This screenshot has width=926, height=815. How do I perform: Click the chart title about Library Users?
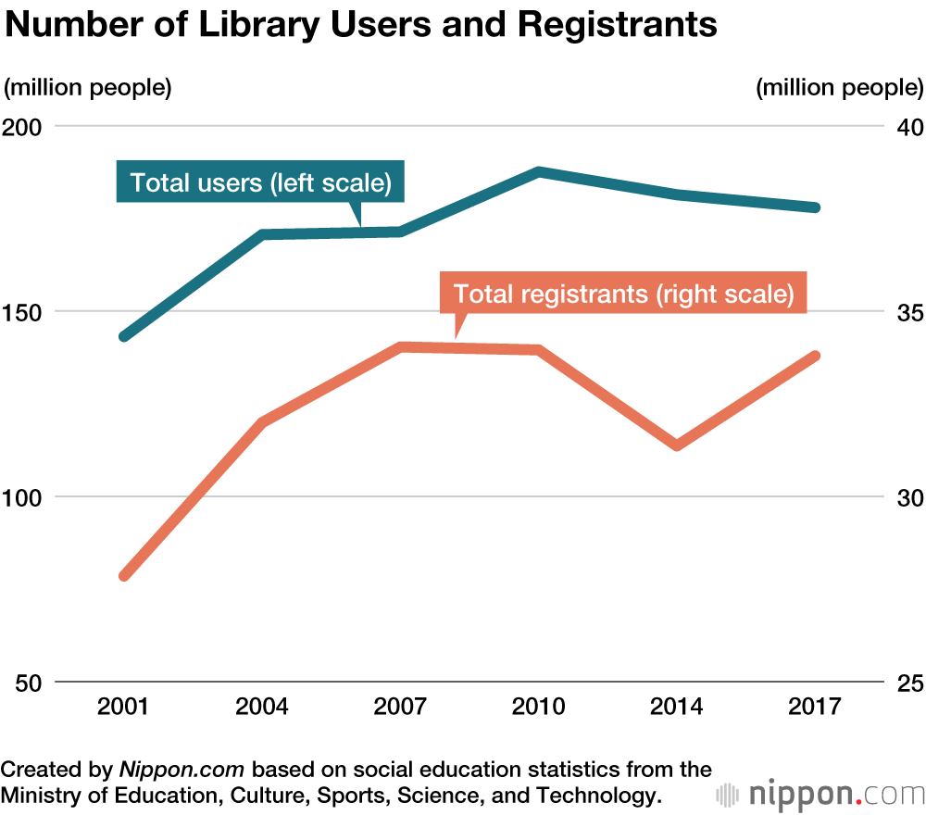361,25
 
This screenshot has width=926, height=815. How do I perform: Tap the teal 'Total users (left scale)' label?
261,182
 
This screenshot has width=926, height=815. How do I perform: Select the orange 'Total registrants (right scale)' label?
623,295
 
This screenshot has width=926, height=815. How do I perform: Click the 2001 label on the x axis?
124,708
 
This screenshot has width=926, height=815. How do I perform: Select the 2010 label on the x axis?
539,708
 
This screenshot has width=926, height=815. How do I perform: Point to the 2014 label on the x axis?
677,708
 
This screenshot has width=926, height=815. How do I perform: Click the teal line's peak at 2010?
539,171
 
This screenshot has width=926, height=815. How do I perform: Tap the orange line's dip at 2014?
677,445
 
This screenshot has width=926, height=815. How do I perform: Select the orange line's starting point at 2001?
124,575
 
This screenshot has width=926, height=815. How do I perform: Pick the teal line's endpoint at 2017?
815,207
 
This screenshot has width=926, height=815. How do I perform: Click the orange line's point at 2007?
401,347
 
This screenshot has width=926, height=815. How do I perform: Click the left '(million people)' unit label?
89,88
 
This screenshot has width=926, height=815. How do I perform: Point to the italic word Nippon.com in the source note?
181,770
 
